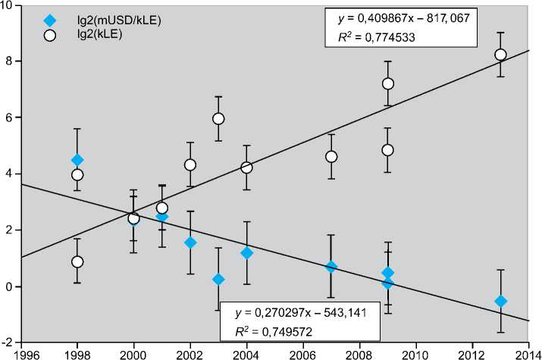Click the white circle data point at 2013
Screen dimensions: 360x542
(x=500, y=55)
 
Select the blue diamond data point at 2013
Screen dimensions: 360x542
(x=500, y=301)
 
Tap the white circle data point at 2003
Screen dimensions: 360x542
(x=218, y=118)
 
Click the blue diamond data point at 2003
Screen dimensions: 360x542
(x=218, y=279)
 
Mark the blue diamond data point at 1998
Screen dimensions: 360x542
(x=77, y=160)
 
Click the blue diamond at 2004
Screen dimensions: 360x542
(x=246, y=252)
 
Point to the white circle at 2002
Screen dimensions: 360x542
(x=190, y=164)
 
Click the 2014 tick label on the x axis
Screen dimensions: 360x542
(x=528, y=352)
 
